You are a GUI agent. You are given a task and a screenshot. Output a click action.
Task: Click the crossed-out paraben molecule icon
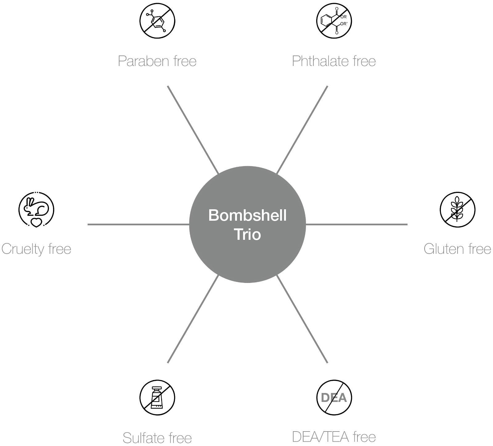pos(157,21)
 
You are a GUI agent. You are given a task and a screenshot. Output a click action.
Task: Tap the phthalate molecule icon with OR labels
pos(334,21)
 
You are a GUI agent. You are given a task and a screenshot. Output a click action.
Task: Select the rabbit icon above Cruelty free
pos(36,209)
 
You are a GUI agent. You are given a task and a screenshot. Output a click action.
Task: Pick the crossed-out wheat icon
pos(457,210)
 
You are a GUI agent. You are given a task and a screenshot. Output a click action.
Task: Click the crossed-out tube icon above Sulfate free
pos(157,398)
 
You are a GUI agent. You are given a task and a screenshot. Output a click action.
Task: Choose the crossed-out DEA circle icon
pos(334,398)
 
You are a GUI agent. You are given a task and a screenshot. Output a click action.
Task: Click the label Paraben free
pos(157,61)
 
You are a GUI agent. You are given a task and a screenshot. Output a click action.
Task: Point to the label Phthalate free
pos(334,61)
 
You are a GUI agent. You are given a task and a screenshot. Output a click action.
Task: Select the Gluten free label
pos(457,249)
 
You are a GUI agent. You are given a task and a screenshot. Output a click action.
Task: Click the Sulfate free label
pos(157,438)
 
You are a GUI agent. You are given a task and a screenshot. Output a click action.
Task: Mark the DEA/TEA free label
pos(334,437)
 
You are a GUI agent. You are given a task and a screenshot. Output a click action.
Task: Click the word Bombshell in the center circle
pos(247,215)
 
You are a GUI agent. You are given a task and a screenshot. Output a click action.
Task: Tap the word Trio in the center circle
pos(247,234)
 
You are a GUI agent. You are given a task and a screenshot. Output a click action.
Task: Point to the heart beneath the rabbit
pos(36,223)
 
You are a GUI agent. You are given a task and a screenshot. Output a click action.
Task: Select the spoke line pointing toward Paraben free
pos(193,130)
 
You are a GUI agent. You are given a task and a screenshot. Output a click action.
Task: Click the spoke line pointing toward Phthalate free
pos(302,130)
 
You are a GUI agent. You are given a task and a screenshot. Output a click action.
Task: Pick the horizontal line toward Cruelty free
pos(138,224)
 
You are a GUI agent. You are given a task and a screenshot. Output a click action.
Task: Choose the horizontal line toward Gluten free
pos(357,224)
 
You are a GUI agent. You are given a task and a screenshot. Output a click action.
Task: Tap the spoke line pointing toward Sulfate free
pos(193,319)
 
